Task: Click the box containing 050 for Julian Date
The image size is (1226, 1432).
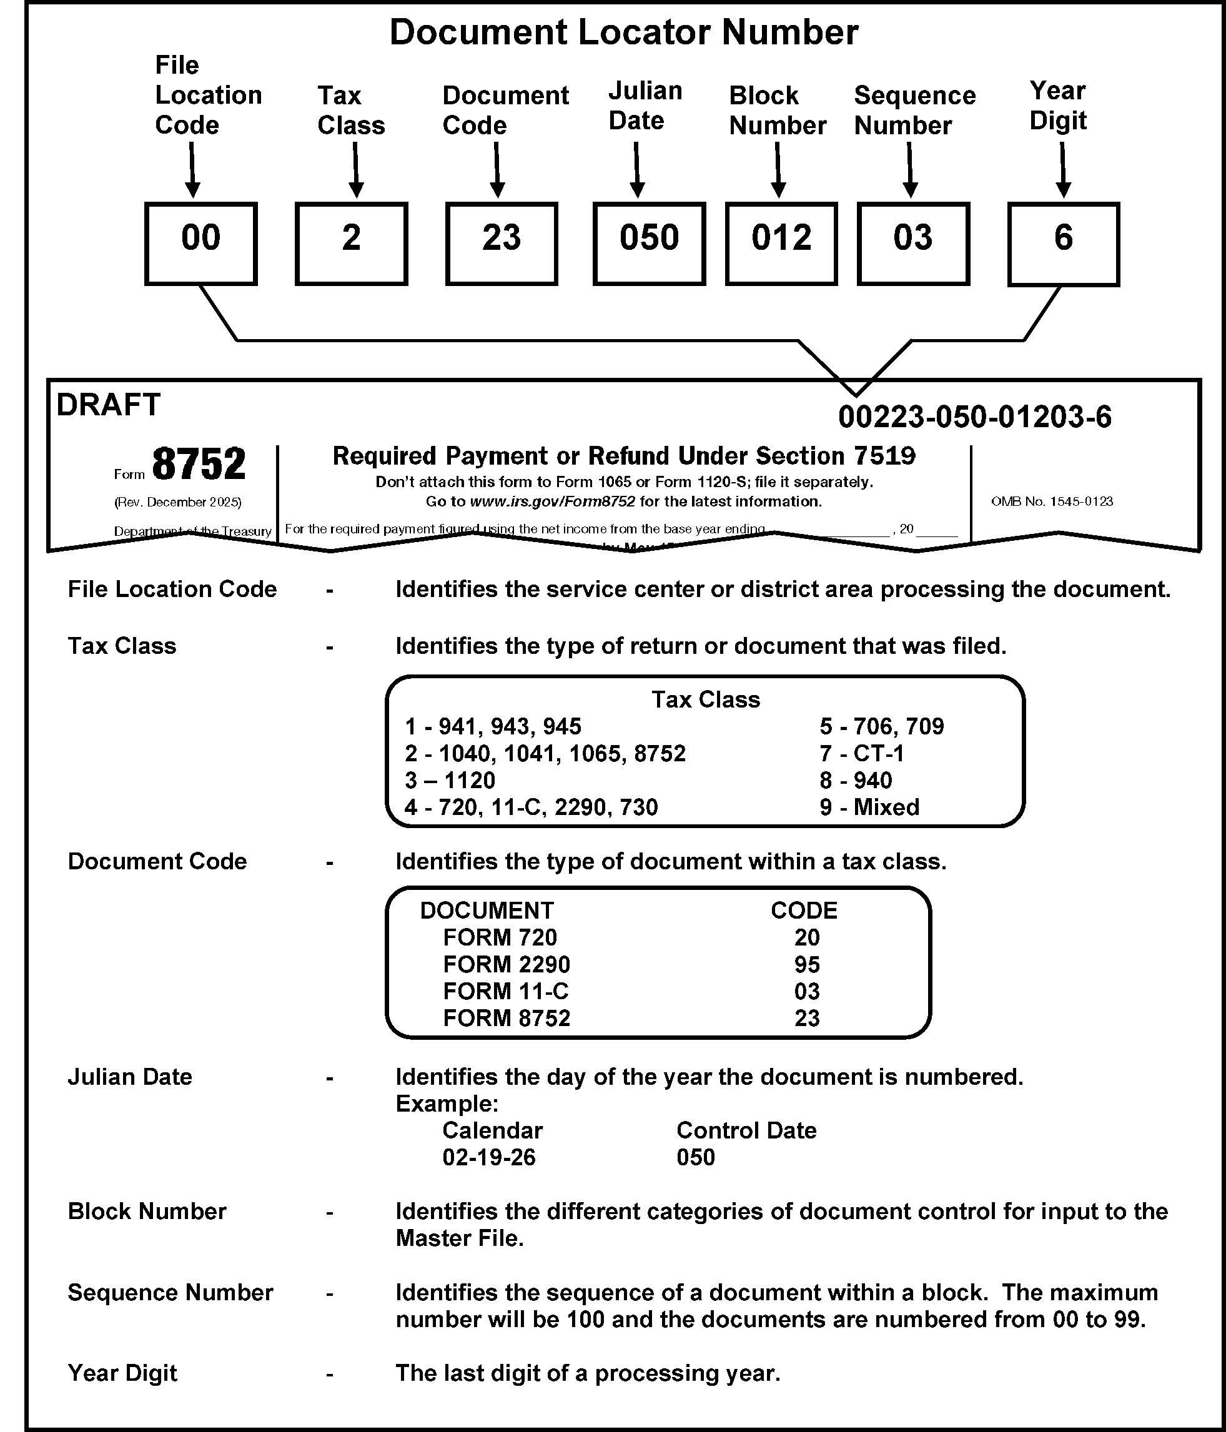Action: tap(649, 244)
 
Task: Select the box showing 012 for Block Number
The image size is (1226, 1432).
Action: tap(781, 244)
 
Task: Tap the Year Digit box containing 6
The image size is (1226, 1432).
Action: tap(1063, 244)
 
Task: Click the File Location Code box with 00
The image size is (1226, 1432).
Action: tap(200, 244)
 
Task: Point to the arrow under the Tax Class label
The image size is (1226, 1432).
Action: tap(355, 170)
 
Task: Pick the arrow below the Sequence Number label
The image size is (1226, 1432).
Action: tap(909, 170)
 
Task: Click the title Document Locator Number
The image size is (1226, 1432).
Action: tap(623, 32)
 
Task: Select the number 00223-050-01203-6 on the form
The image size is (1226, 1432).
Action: tap(974, 417)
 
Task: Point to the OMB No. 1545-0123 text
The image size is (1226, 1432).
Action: tap(1052, 501)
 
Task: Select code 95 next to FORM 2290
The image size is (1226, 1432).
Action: tap(806, 964)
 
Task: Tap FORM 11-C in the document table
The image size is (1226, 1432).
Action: tap(505, 991)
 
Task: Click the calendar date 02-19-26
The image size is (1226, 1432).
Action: tap(488, 1157)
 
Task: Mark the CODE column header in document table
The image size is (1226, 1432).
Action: tap(804, 910)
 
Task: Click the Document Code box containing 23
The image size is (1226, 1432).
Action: tap(501, 244)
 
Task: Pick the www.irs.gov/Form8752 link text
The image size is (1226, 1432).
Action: tap(552, 501)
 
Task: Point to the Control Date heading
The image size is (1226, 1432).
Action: tap(746, 1130)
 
